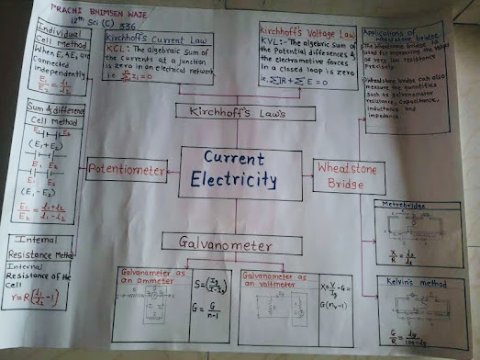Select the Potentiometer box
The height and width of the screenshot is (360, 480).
pyautogui.click(x=127, y=171)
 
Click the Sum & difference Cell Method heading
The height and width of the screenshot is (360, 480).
pyautogui.click(x=53, y=114)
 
